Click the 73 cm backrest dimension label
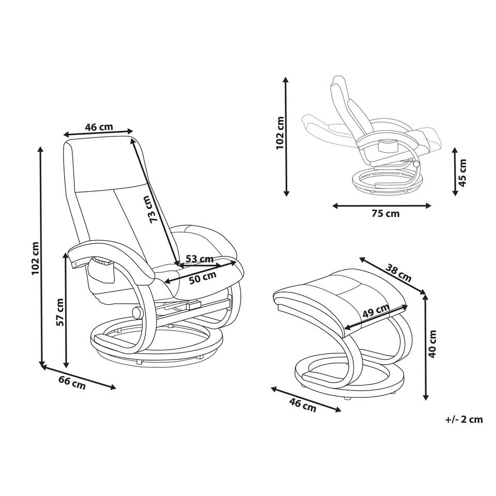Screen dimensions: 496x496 tap(154, 209)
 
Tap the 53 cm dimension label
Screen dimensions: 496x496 tap(199, 259)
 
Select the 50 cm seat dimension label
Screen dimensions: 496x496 tap(203, 277)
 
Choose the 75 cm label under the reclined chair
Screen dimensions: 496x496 tap(385, 213)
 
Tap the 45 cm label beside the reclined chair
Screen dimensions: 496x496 tap(462, 173)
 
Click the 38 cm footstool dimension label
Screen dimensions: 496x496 tap(398, 273)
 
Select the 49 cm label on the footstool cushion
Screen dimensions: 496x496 tap(376, 311)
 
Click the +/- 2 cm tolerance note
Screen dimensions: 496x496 tap(464, 420)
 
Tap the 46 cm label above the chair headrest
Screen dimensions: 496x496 tap(99, 127)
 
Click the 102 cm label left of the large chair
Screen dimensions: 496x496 tap(35, 258)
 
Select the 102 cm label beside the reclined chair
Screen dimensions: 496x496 tap(280, 133)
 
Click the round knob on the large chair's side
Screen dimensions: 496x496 tap(137, 313)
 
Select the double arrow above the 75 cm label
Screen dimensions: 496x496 tap(382, 206)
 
